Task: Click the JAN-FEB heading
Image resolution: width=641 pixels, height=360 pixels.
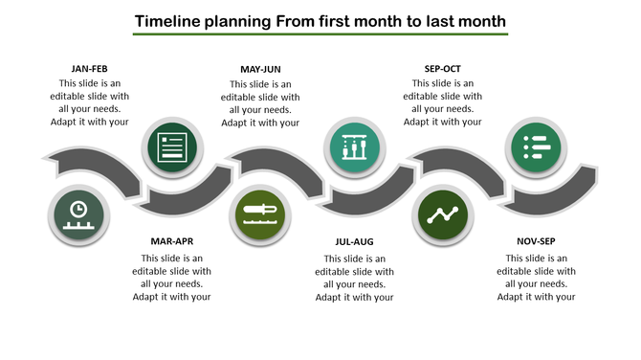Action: (88, 69)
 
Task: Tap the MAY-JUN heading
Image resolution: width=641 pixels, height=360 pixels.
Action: (260, 69)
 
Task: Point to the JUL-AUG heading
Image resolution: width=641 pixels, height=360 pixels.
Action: (354, 241)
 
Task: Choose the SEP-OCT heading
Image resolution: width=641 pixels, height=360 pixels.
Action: (442, 69)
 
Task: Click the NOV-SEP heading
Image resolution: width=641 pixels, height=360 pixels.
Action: (536, 241)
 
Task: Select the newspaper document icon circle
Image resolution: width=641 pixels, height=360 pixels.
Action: (171, 147)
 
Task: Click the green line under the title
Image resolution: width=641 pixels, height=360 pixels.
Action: (320, 35)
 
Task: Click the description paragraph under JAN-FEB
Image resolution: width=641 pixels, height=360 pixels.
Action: (88, 102)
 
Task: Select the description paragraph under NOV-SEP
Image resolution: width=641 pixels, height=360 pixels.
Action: (536, 277)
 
